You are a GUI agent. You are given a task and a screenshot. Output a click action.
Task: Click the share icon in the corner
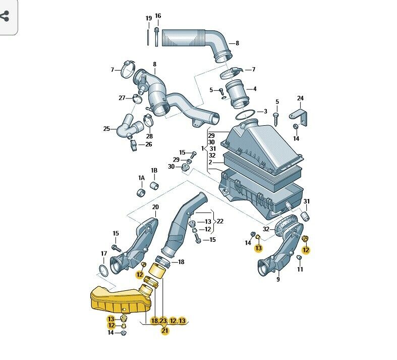click(5, 16)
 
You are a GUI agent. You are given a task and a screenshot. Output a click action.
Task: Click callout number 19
click(149, 18)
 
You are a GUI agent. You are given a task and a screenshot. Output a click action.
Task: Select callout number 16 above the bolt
click(158, 16)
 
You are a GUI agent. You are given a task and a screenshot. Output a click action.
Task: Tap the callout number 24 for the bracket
click(300, 98)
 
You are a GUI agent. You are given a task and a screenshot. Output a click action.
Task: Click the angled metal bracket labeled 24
click(299, 117)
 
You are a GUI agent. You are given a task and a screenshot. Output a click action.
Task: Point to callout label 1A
click(141, 178)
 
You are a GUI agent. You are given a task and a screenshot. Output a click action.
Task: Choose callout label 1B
click(154, 171)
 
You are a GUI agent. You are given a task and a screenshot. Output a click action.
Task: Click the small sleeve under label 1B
click(154, 185)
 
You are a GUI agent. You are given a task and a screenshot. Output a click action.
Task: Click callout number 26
click(149, 144)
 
